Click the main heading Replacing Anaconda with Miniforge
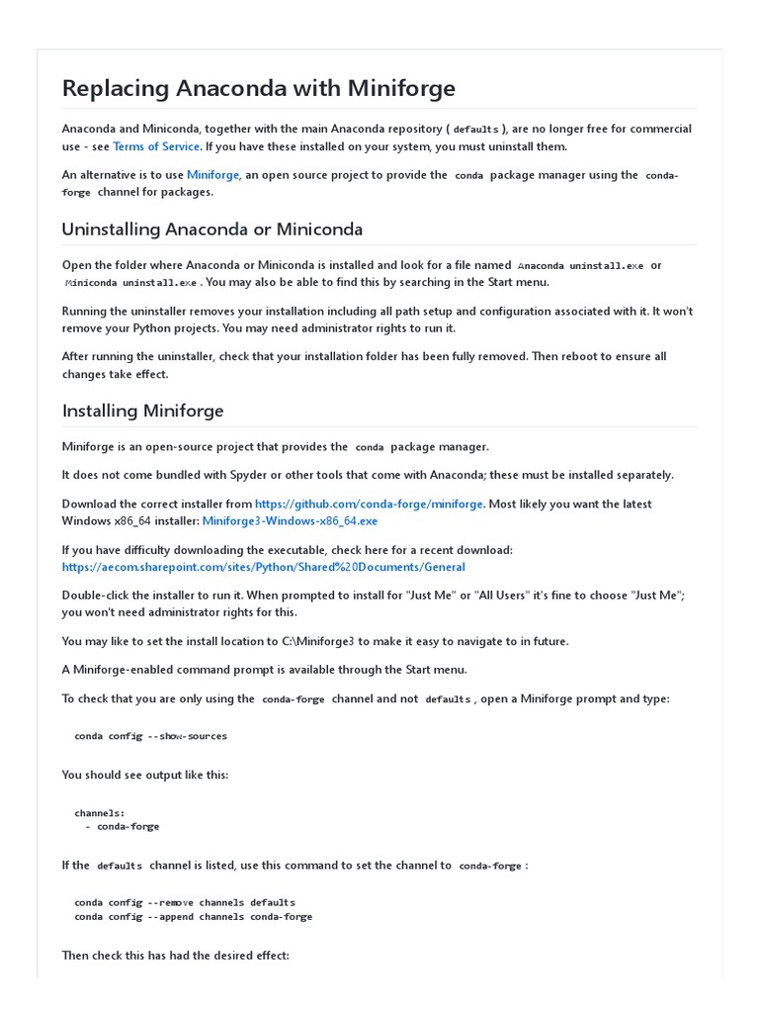pos(258,88)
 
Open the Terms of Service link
pos(156,146)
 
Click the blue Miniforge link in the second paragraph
pos(212,175)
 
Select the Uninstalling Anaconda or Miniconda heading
pos(211,230)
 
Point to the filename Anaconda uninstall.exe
pos(580,266)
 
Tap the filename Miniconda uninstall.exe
pos(130,283)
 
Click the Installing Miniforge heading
pos(142,411)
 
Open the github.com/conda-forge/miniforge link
pos(369,504)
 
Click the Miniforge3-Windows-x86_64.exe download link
pos(290,520)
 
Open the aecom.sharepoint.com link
pos(263,567)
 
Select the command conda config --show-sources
pos(150,736)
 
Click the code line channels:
pos(99,813)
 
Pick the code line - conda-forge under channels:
pos(123,826)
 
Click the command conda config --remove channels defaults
pos(184,902)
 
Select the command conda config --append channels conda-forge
pos(193,916)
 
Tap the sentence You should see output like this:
pos(145,775)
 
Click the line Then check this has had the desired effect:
pos(175,956)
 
